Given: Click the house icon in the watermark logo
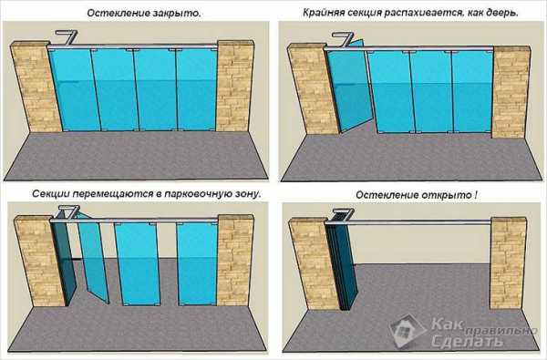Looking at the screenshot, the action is tap(408, 330).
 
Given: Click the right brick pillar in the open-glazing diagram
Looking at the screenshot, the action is tap(508, 263).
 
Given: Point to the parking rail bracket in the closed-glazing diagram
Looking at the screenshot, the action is tap(67, 37).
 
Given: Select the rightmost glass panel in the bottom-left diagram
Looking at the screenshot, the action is tap(198, 263).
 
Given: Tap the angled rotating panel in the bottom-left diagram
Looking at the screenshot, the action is tap(93, 258).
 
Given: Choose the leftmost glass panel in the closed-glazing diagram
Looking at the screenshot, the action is tap(74, 90).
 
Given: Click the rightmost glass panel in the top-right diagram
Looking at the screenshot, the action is tap(472, 92).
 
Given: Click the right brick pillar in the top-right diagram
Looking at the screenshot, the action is tap(511, 91).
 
